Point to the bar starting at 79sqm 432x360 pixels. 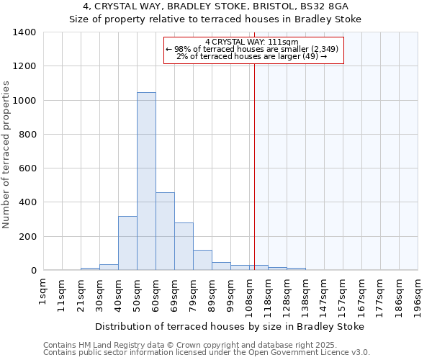(202, 260)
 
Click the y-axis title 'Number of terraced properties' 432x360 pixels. (7, 155)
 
